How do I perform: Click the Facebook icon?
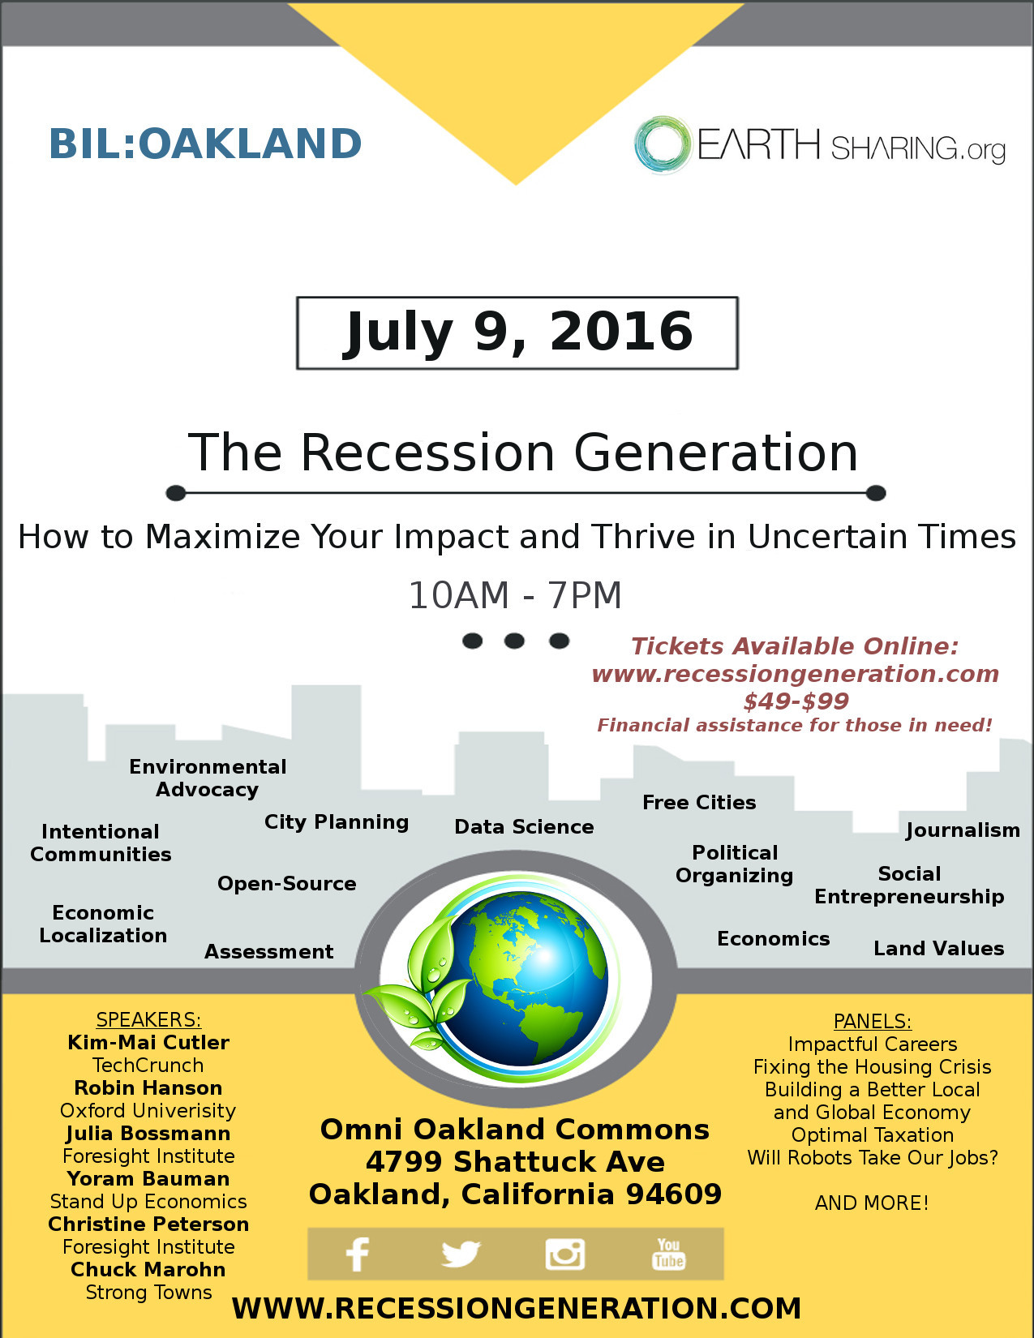pos(357,1254)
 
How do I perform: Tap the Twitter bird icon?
pos(461,1254)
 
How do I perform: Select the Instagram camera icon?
pos(564,1254)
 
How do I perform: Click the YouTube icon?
pos(668,1254)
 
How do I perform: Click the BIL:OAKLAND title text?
pos(205,144)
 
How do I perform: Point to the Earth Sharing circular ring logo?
pos(663,144)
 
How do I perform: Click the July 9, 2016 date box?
pos(517,333)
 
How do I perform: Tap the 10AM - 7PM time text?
pos(516,595)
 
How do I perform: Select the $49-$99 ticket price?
pos(796,701)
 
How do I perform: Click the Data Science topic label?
pos(524,827)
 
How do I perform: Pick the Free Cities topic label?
pos(699,802)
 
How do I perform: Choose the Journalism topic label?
pos(963,830)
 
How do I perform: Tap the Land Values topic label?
pos(938,948)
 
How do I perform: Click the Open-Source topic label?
pos(287,884)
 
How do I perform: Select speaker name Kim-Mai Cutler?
pos(148,1043)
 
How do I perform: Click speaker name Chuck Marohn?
pos(148,1270)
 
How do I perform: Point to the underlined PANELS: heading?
pos(872,1022)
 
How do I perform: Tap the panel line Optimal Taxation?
pos(872,1134)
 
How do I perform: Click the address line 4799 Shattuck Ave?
pos(516,1162)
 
